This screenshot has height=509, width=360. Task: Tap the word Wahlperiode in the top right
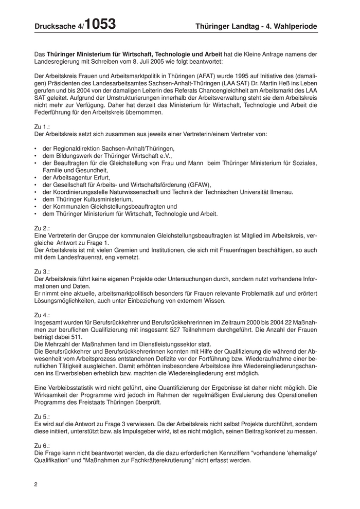[x=294, y=26]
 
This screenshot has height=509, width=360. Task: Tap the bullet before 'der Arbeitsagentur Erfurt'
[x=35, y=177]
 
